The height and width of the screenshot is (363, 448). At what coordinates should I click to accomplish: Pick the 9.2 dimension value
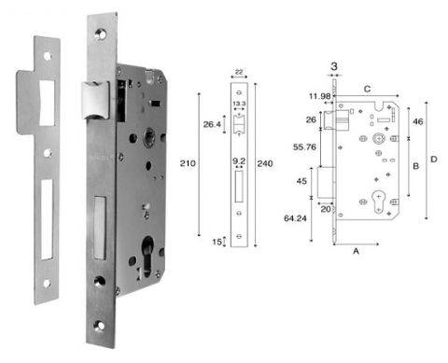click(x=239, y=161)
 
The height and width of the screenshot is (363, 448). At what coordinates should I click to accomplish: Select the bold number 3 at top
click(x=334, y=67)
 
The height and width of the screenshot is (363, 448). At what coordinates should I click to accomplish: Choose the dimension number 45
click(x=301, y=181)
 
